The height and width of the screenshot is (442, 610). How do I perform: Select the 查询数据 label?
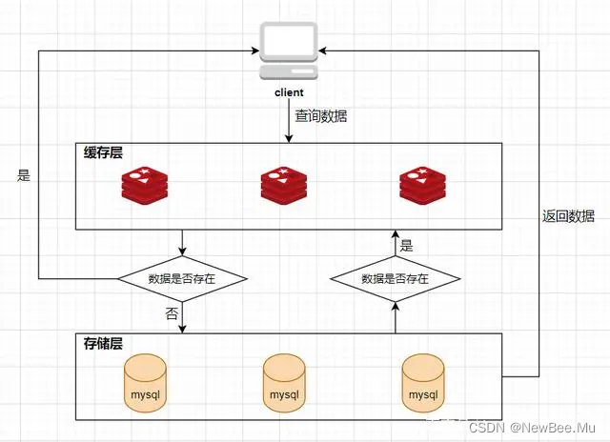pyautogui.click(x=320, y=115)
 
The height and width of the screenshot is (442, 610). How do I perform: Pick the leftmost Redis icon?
pyautogui.click(x=143, y=186)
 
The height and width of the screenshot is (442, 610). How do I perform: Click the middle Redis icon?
pyautogui.click(x=285, y=186)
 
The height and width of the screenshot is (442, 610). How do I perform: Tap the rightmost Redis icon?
pyautogui.click(x=422, y=186)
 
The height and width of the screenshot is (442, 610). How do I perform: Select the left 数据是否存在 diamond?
pyautogui.click(x=182, y=278)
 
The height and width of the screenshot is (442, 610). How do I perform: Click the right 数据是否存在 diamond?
pyautogui.click(x=395, y=278)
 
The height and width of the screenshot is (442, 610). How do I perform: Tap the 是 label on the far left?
pyautogui.click(x=24, y=176)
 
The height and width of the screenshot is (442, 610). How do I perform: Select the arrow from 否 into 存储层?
pyautogui.click(x=182, y=316)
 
